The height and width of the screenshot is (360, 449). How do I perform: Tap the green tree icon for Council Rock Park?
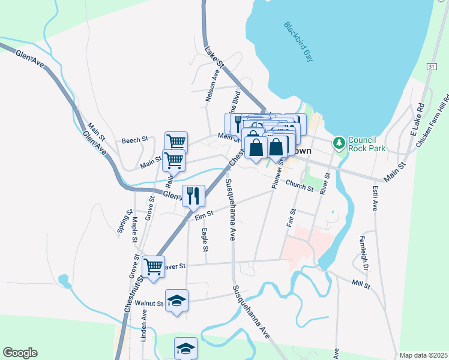[339, 142]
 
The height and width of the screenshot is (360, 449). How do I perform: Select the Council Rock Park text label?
[366, 142]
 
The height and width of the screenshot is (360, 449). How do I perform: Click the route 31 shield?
[432, 65]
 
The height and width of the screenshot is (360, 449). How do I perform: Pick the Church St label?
[300, 187]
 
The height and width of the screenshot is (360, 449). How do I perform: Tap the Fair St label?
[292, 218]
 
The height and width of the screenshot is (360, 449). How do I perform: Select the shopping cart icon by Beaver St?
[153, 265]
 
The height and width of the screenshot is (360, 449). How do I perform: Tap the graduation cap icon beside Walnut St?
[176, 299]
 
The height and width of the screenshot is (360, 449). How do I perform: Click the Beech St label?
[134, 140]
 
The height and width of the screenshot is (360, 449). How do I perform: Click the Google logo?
[20, 353]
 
